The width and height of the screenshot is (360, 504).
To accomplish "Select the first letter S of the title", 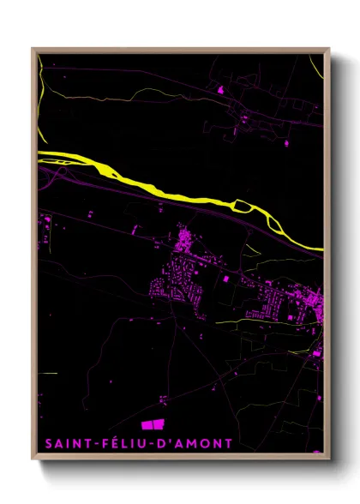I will tap(47, 443).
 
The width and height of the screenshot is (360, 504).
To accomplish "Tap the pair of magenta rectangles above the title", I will tap(152, 424).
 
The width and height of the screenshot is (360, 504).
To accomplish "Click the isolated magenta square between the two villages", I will tap(226, 279).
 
